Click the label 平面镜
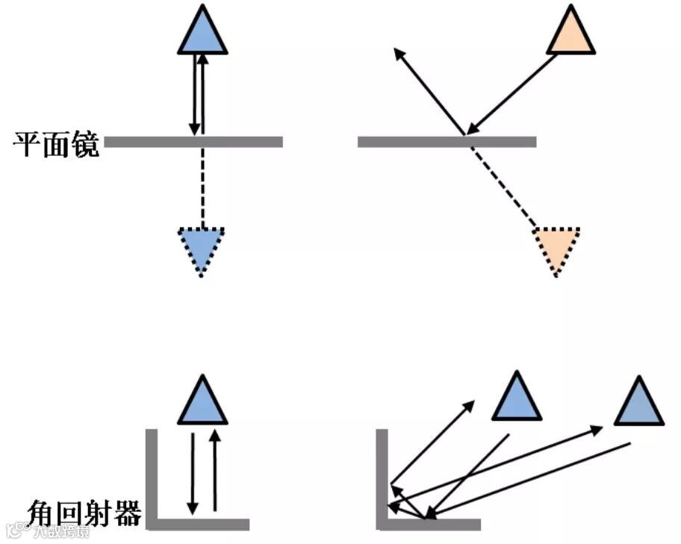tap(57, 143)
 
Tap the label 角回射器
tap(84, 513)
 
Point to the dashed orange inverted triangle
tap(556, 247)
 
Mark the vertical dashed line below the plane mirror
tap(202, 187)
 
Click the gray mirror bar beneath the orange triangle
tap(447, 142)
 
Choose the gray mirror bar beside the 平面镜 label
tap(193, 142)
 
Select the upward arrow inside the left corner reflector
tap(215, 470)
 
